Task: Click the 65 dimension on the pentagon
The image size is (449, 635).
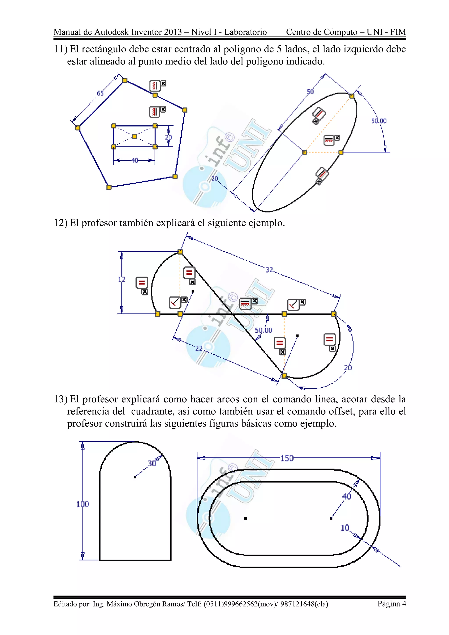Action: pos(100,93)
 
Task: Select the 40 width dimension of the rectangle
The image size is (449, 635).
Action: pos(135,161)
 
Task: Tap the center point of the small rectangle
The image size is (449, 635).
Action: pos(134,137)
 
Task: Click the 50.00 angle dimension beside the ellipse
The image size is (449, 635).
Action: pos(379,121)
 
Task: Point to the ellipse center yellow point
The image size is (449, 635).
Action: pos(304,152)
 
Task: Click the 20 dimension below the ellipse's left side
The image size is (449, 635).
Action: pos(215,179)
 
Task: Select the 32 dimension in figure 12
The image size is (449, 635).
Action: pos(269,270)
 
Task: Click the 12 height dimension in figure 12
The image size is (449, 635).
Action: pos(122,279)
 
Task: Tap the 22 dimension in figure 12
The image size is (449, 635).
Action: pos(199,348)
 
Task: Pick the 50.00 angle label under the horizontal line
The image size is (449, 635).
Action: pos(263,330)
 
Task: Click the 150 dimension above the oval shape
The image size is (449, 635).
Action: pos(287,458)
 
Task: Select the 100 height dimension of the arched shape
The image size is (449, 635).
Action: pos(83,504)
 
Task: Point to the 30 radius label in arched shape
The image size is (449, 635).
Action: pos(152,464)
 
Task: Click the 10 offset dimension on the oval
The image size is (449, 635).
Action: pos(345,528)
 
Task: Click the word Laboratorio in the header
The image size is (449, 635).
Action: pos(245,32)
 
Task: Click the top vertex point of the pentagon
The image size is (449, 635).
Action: pos(125,80)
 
